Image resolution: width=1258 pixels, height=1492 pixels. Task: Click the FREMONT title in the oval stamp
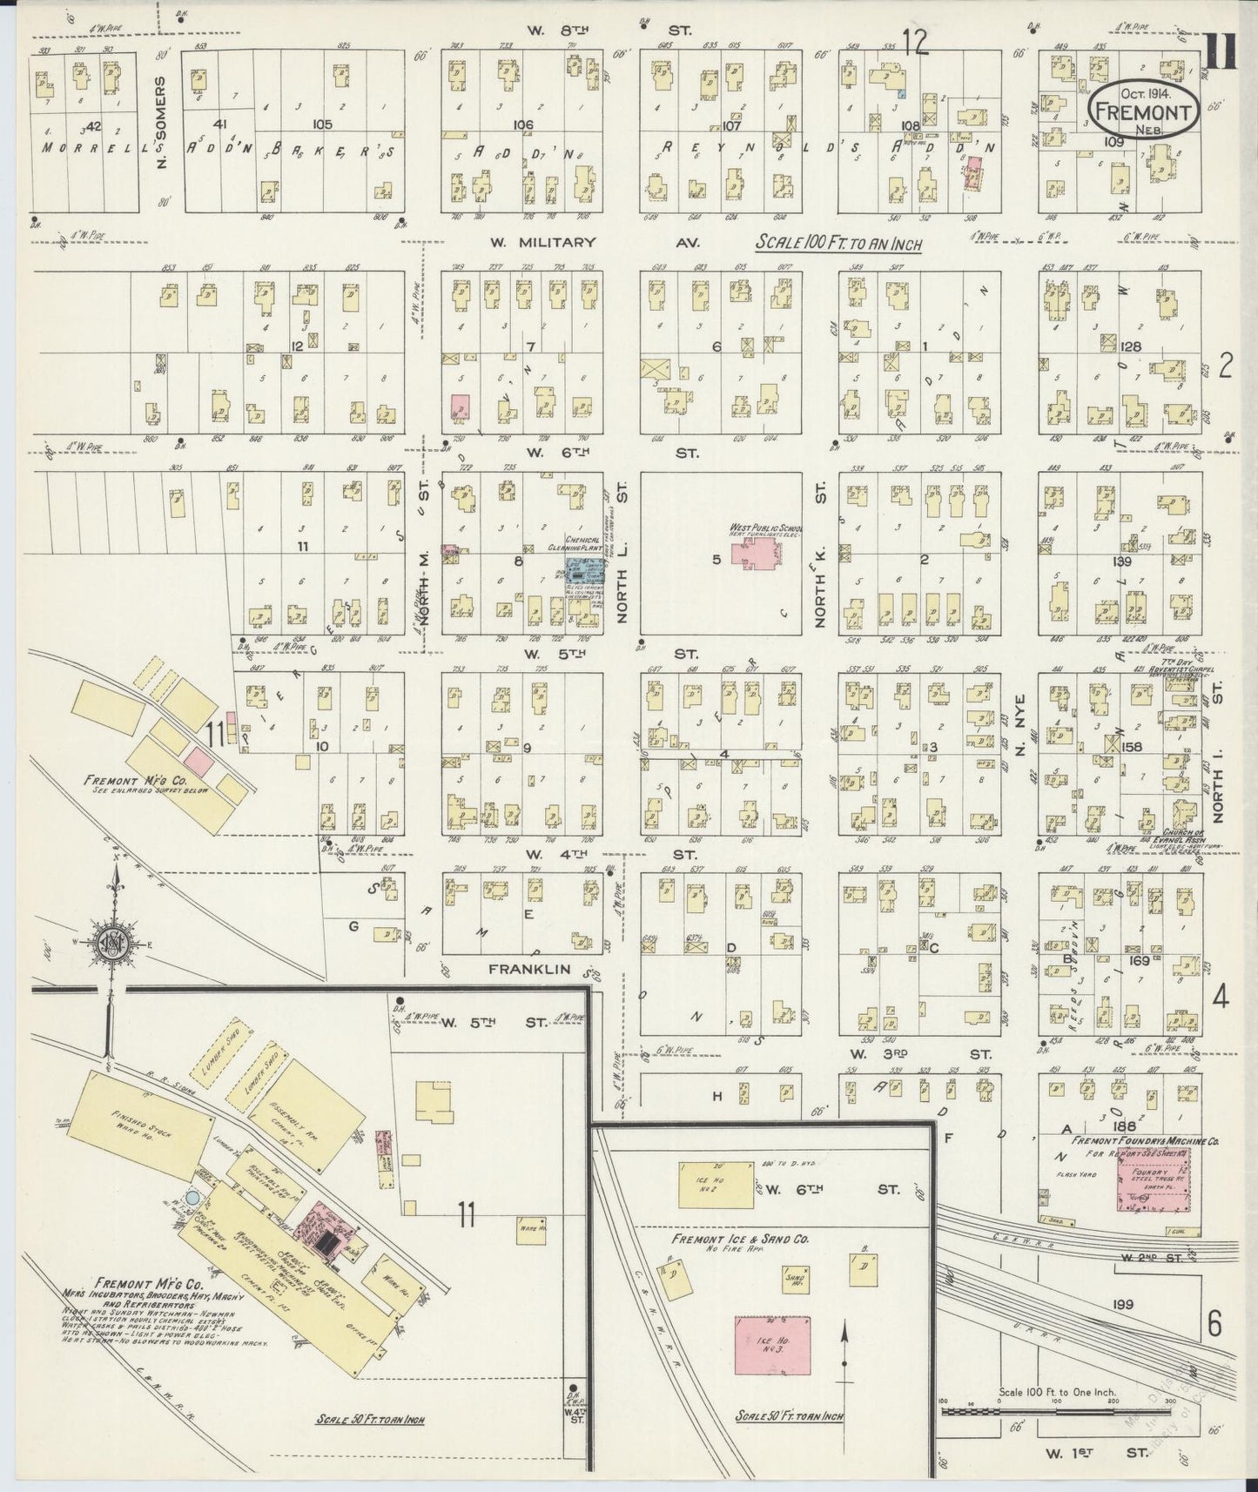coord(1145,111)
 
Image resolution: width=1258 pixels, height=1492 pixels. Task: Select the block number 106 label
coord(522,125)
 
